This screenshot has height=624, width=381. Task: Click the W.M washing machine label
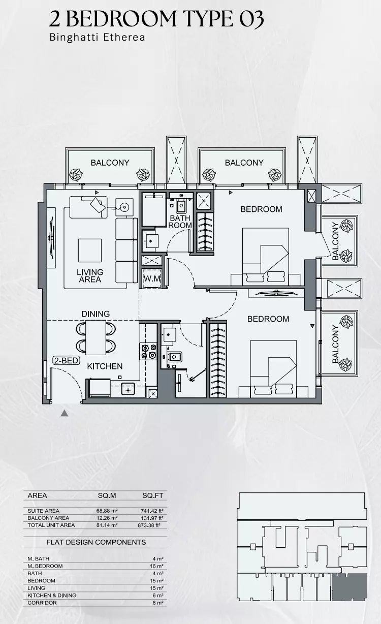click(152, 278)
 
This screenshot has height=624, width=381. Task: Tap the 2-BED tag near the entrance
click(66, 360)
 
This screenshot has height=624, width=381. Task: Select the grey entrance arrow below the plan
click(65, 413)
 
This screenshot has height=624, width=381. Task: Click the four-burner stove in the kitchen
click(148, 352)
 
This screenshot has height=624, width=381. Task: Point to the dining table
click(96, 337)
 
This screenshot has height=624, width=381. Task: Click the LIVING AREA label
click(90, 275)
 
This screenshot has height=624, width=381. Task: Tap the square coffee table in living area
click(90, 251)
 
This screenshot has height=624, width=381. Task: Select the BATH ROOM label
click(180, 222)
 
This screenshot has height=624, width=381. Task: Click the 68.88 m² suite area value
click(107, 511)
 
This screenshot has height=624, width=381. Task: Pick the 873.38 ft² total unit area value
click(149, 525)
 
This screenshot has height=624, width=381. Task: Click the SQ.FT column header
click(152, 495)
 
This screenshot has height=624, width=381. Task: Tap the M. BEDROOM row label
click(45, 566)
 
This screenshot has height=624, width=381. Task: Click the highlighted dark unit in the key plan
click(350, 587)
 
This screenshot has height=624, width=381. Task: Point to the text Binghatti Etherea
click(97, 37)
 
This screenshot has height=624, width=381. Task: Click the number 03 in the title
click(251, 19)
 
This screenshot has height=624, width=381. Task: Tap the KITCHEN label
click(105, 366)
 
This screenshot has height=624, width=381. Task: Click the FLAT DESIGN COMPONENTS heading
click(96, 542)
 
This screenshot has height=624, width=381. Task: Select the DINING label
click(96, 314)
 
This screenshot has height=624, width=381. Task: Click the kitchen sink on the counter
click(128, 389)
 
